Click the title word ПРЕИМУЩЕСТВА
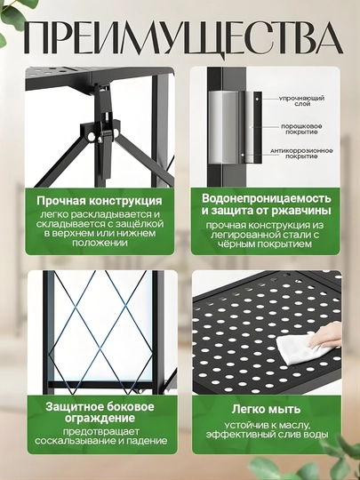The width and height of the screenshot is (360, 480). [x=183, y=38]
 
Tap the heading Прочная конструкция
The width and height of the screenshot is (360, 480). [x=100, y=202]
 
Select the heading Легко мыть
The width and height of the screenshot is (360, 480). [x=266, y=409]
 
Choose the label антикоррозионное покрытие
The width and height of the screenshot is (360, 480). [x=301, y=154]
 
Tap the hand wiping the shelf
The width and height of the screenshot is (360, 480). [x=325, y=337]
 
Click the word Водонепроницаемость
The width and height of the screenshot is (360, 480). [x=267, y=198]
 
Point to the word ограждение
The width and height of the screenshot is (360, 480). [x=100, y=418]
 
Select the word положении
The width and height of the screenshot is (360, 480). [x=100, y=243]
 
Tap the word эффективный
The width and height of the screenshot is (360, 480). [x=241, y=435]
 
